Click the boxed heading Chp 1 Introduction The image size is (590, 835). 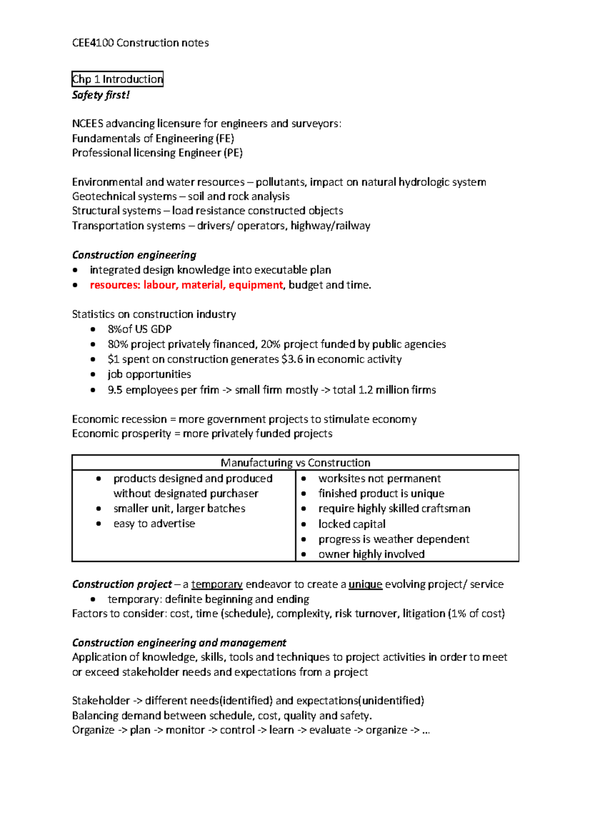(x=117, y=79)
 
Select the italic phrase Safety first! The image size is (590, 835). (x=101, y=95)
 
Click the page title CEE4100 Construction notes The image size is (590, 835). (x=140, y=43)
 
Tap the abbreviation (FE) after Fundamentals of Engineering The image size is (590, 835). (x=225, y=139)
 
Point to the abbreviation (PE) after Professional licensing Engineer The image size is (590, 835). (x=234, y=153)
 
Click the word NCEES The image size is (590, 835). (x=87, y=123)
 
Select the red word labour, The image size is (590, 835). (x=161, y=285)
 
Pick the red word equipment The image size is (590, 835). (x=256, y=285)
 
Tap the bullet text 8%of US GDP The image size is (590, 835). (x=140, y=329)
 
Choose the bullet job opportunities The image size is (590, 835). (x=149, y=374)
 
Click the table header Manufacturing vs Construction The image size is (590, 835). (x=295, y=463)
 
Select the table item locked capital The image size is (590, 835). (x=352, y=524)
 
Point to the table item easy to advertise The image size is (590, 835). (x=154, y=524)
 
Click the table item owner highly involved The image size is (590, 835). (x=371, y=554)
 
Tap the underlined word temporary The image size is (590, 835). (x=217, y=584)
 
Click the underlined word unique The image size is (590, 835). (x=365, y=584)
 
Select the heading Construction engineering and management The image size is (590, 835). (x=179, y=643)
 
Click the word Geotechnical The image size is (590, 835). (x=100, y=197)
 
